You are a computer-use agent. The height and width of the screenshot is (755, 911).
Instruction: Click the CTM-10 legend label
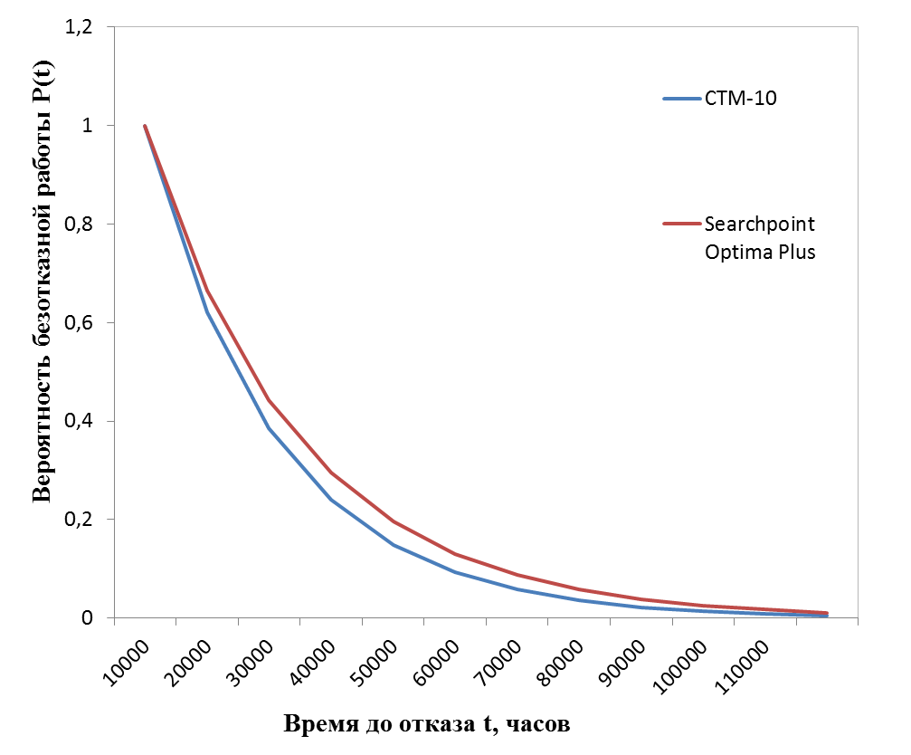[741, 99]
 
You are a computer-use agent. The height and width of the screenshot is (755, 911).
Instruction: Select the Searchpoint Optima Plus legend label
[760, 237]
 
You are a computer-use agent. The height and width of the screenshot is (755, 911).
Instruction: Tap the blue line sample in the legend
[680, 99]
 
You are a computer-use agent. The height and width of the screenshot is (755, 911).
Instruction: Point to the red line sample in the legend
[680, 224]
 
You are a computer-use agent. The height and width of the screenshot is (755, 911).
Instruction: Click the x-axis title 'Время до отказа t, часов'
[428, 724]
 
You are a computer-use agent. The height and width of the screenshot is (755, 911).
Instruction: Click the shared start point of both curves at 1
[145, 126]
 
